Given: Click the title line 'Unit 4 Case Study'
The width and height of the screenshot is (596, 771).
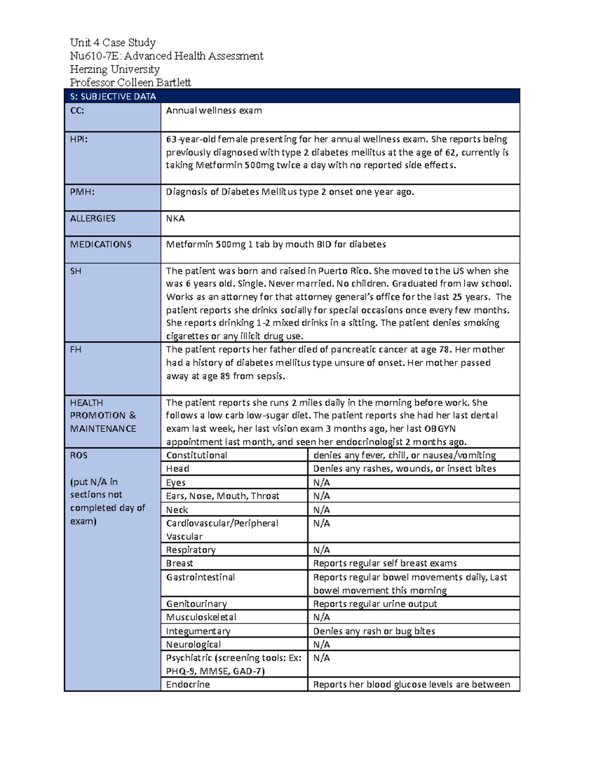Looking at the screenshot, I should click(x=113, y=43).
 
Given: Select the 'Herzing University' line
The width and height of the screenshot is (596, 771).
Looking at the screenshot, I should click(x=115, y=69).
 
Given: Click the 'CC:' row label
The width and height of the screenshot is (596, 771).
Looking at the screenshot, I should click(x=77, y=111).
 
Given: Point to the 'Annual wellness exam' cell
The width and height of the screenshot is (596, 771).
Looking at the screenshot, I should click(x=214, y=111).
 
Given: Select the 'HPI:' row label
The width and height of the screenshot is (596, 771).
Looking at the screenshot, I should click(x=78, y=140).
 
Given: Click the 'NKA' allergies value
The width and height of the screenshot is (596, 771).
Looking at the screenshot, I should click(x=175, y=218).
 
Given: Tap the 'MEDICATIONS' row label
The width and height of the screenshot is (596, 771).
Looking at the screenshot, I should click(x=101, y=244).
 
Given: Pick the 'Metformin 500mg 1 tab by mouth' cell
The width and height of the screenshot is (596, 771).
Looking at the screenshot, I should click(x=276, y=244).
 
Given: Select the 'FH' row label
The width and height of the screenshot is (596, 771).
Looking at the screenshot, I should click(x=75, y=350).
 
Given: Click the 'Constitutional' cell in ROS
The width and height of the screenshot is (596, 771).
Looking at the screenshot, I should click(x=197, y=455).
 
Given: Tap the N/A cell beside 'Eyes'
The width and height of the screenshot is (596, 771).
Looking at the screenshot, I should click(x=321, y=483).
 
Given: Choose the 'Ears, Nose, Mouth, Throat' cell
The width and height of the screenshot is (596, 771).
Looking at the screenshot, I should click(x=223, y=496).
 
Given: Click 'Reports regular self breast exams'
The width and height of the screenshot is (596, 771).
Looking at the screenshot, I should click(x=385, y=563).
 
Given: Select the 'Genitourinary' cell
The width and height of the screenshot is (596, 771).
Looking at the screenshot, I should click(x=196, y=604).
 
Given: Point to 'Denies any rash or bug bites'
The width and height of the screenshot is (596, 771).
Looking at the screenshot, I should click(x=374, y=631).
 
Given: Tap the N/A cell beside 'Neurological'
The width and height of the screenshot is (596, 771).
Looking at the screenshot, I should click(x=321, y=644).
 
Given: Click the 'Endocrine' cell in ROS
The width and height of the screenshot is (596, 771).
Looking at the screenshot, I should click(x=188, y=685).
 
